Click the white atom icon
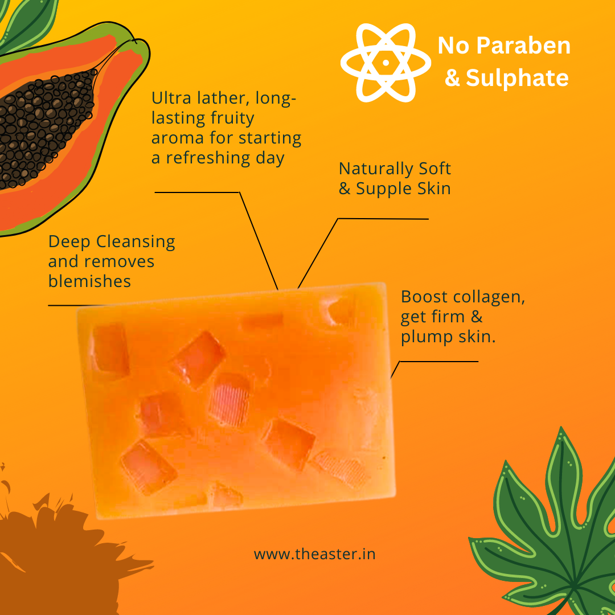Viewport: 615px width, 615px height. [386, 63]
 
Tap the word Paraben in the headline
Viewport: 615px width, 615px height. [523, 46]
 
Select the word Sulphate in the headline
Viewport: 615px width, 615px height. [517, 77]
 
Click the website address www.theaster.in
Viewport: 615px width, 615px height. [314, 554]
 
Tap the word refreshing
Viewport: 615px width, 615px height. [208, 158]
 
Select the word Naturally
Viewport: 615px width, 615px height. [376, 169]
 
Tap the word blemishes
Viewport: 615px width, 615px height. [89, 281]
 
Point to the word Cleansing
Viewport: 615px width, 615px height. [136, 242]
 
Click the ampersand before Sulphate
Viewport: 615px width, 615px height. [452, 78]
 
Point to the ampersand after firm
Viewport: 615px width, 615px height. [477, 317]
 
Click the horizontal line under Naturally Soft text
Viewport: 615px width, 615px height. [383, 219]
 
